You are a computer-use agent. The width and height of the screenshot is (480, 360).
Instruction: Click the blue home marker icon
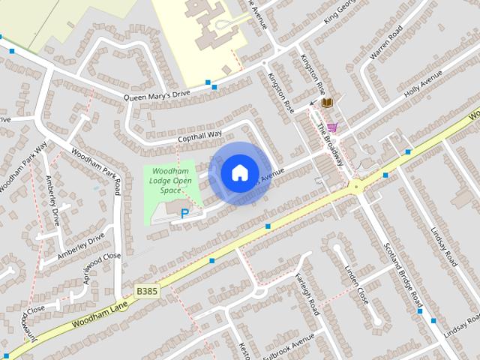[x=239, y=172]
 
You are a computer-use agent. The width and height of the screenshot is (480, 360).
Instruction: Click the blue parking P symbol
[x=184, y=214]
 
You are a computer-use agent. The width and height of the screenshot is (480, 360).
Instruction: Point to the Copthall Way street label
[x=200, y=136]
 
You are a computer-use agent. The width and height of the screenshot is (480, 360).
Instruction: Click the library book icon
[x=327, y=103]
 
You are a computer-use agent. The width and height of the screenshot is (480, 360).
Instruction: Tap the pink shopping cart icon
[x=332, y=127]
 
